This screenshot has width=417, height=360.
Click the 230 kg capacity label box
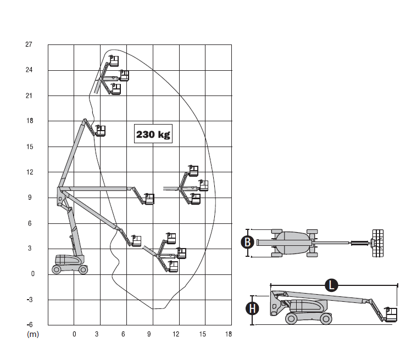click(153, 134)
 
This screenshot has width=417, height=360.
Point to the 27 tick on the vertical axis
click(29, 44)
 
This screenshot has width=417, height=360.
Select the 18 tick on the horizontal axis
click(228, 334)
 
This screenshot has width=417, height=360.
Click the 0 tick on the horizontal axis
click(74, 334)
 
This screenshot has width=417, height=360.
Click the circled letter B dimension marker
click(248, 242)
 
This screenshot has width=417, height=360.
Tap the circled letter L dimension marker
click(331, 285)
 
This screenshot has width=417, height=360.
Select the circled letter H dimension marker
click(252, 308)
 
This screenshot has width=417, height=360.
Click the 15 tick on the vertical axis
click(29, 147)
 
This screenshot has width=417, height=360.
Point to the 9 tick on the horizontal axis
click(149, 334)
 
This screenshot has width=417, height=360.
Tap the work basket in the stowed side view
click(391, 314)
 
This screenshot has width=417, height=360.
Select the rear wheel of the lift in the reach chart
click(57, 269)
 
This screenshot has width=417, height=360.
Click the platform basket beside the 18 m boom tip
click(100, 131)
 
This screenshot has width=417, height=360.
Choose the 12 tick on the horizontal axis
click(176, 334)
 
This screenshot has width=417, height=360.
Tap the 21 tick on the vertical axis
click(29, 95)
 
